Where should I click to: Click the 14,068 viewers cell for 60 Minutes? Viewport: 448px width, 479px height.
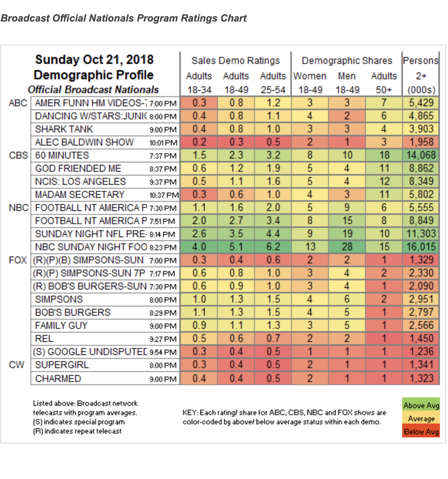click(421, 155)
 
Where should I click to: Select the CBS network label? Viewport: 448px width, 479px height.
click(19, 155)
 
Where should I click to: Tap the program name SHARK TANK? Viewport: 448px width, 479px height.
click(64, 129)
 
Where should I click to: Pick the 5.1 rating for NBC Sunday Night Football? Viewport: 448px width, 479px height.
click(236, 247)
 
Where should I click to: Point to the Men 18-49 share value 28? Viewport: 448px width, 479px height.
click(347, 247)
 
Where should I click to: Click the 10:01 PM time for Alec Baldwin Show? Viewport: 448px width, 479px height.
click(163, 143)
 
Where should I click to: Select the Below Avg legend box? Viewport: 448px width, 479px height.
click(421, 432)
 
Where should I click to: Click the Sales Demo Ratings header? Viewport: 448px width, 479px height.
click(236, 61)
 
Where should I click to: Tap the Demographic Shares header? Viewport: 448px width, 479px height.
click(347, 61)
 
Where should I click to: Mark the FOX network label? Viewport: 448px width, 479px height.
click(18, 260)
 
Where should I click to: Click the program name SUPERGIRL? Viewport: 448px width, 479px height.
click(62, 365)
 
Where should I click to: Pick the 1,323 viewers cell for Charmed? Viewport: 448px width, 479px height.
click(421, 378)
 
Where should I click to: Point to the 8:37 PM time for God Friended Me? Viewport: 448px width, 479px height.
click(163, 169)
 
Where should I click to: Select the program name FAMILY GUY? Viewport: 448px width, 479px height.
click(61, 325)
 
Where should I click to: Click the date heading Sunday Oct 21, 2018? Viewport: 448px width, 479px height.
click(94, 60)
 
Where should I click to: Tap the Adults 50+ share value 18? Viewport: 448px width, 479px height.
click(384, 155)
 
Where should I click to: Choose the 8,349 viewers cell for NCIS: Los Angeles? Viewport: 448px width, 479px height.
click(421, 181)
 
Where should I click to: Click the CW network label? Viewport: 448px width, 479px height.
click(17, 365)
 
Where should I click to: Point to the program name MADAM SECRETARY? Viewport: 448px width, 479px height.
click(80, 194)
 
